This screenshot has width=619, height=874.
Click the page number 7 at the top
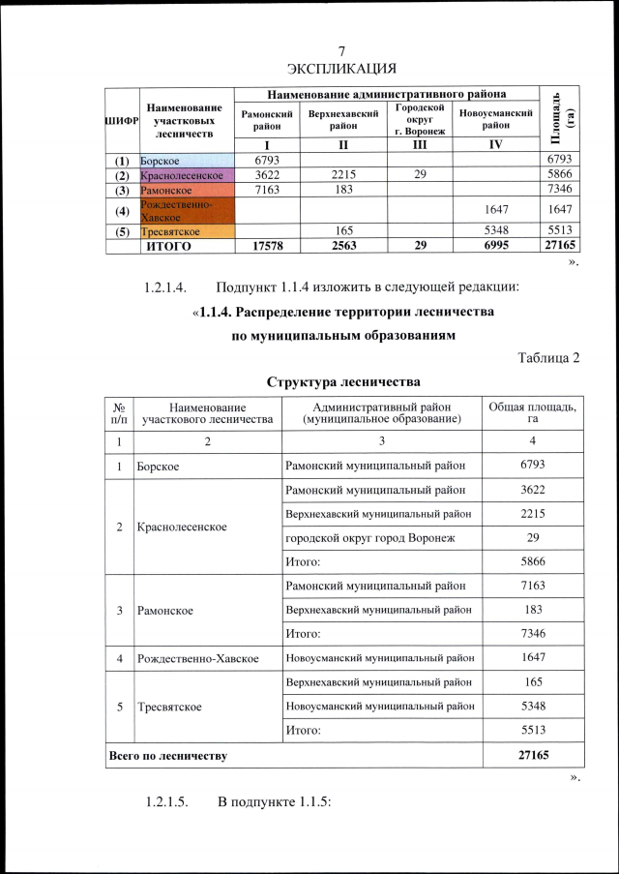341,50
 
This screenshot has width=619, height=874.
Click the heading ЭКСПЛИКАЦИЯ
341,68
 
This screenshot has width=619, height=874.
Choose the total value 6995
495,247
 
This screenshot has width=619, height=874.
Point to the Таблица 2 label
548,357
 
